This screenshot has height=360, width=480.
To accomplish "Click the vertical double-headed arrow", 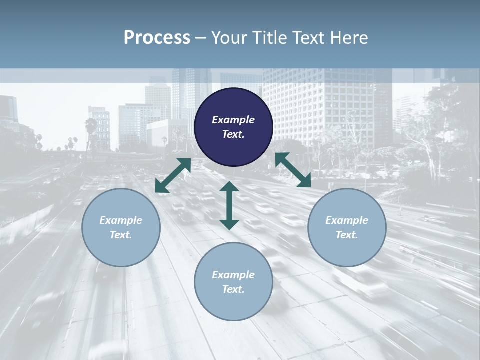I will (229, 205).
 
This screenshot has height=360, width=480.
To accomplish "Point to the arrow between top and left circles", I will (173, 175).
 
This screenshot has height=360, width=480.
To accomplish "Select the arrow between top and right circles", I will (293, 170).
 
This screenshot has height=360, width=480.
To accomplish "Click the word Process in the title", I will (157, 38).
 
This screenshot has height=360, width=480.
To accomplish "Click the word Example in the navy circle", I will (233, 120).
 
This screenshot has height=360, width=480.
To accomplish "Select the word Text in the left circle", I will (121, 235).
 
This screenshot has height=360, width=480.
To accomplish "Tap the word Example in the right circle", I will (347, 220).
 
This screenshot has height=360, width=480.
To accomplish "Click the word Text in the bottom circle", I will (233, 289).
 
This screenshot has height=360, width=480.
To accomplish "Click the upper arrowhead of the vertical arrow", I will (229, 187).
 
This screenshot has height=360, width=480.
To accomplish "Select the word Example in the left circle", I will (121, 220).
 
